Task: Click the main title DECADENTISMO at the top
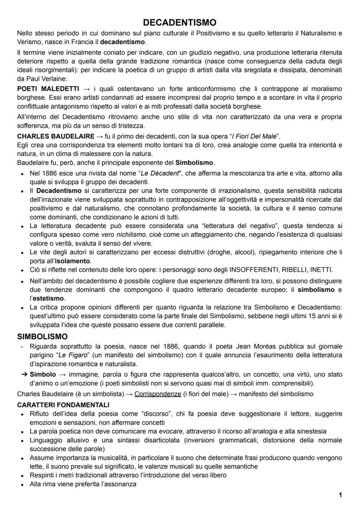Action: click(180, 22)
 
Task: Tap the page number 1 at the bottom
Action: click(340, 495)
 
